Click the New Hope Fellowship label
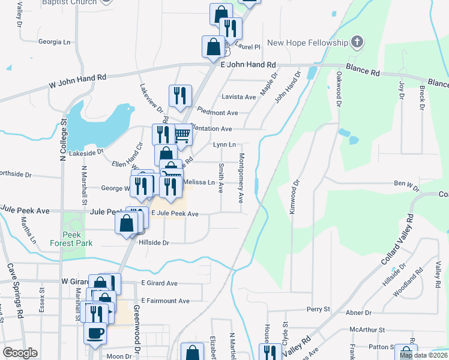coord(307,43)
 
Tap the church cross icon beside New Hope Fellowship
coord(357,42)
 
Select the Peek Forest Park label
coord(72,239)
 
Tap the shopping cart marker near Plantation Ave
coord(182,136)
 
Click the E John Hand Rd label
coord(248,64)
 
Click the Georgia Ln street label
coord(54,42)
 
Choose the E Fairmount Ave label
coord(165,301)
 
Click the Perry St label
coord(318,310)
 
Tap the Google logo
coord(20,353)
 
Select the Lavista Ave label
coord(238,97)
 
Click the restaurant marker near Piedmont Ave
coord(180,95)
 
